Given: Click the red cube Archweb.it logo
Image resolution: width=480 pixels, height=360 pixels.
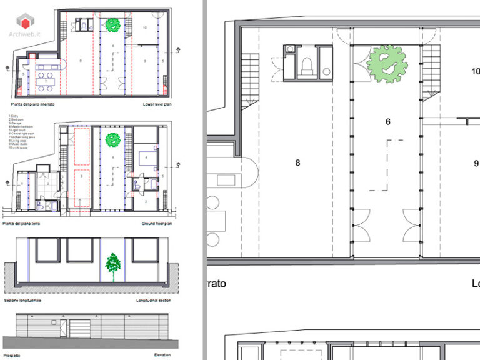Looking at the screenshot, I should pos(26,21).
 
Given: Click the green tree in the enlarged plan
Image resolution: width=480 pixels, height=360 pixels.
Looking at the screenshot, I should pos(387,64).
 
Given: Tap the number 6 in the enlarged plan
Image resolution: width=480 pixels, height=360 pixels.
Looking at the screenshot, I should pos(387,122).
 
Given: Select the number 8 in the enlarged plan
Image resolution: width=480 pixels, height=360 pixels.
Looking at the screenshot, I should pos(297,162).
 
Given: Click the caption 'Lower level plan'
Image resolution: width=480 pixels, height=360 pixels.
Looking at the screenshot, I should pos(156,104).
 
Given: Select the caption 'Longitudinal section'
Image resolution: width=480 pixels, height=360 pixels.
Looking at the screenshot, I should pos(153,300).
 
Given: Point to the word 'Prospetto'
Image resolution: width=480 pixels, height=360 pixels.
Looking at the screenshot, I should pos(12,355).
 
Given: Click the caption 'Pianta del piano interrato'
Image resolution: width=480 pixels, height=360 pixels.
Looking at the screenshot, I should pos(32,104).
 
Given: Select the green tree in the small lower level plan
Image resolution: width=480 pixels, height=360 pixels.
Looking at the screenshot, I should pos(112,25).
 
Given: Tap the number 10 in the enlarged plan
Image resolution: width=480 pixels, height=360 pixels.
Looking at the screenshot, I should pos(474,71).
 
